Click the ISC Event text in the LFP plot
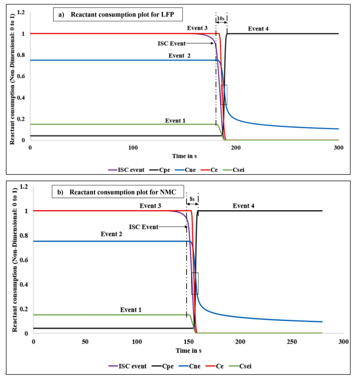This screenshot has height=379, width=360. (172, 44)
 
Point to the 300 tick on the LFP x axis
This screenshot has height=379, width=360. (338, 147)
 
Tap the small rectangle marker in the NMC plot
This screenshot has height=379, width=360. (195, 283)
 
